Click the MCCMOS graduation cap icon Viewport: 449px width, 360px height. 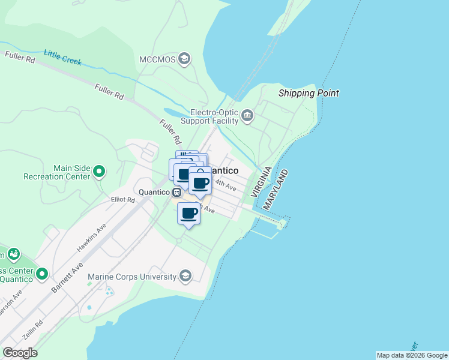184,59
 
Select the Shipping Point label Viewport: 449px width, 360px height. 309,93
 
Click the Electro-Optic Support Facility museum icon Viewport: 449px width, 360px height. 247,115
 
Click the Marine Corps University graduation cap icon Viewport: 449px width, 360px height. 185,276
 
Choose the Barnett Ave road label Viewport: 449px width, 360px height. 68,277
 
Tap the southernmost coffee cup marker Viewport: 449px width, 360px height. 189,213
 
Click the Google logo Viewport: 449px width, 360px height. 20,353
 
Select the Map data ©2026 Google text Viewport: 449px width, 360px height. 412,355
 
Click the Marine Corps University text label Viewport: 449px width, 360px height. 132,277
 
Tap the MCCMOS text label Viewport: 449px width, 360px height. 156,59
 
